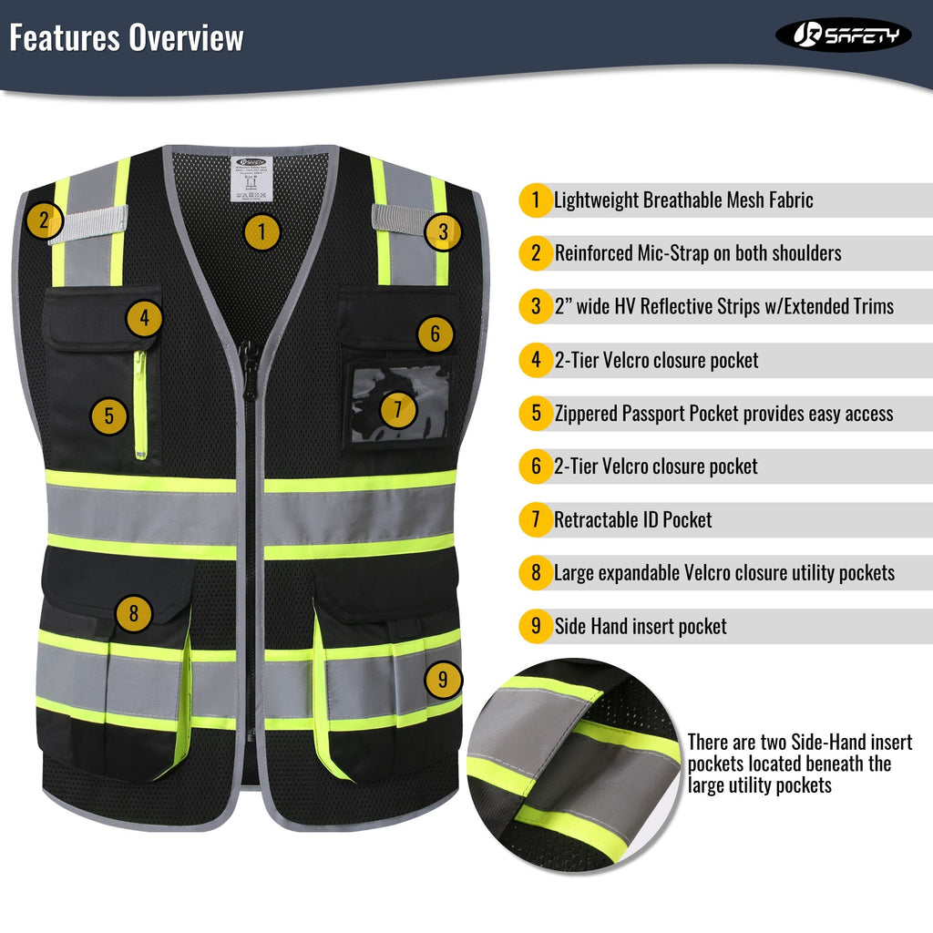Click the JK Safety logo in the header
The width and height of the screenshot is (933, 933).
(843, 36)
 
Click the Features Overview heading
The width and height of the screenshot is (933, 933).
(127, 38)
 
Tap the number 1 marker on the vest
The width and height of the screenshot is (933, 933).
(261, 231)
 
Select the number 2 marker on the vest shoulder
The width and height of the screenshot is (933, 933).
(44, 220)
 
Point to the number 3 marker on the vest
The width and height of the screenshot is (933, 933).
(443, 231)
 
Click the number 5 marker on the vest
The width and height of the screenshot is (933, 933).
(108, 416)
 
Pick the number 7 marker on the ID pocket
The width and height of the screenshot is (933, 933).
(397, 409)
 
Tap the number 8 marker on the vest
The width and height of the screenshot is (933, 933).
(134, 612)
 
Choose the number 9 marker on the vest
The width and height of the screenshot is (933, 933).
(443, 679)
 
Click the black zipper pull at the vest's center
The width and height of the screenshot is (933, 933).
(249, 359)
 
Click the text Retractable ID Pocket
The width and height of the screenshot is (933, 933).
(633, 520)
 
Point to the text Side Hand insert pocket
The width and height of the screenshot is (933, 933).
(641, 627)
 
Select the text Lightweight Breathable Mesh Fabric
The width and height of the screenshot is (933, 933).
(683, 200)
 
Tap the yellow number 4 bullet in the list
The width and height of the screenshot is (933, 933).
(536, 360)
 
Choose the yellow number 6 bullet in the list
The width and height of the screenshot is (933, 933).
(536, 466)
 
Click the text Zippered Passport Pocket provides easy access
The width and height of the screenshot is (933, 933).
(723, 414)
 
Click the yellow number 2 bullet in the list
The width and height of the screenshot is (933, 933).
(536, 253)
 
